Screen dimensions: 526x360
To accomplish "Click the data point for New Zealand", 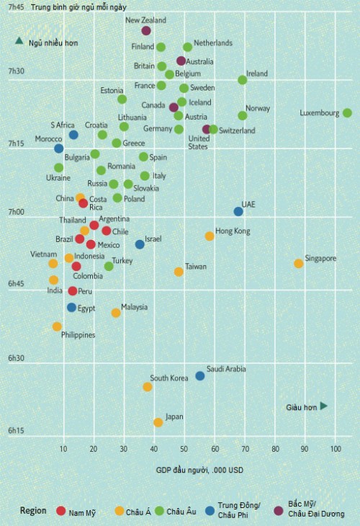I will pyautogui.click(x=146, y=31).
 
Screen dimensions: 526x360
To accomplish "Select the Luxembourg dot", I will pyautogui.click(x=347, y=113).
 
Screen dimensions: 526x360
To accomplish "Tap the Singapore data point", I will pyautogui.click(x=298, y=264).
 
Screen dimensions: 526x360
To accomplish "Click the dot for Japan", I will pyautogui.click(x=158, y=422).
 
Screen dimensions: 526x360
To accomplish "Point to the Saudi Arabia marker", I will pyautogui.click(x=200, y=375).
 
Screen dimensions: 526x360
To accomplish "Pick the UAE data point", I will pyautogui.click(x=238, y=211).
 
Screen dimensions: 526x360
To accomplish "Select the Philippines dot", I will pyautogui.click(x=57, y=326).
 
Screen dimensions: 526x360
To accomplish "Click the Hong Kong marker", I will pyautogui.click(x=210, y=236).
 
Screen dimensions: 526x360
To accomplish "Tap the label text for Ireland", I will pyautogui.click(x=256, y=73).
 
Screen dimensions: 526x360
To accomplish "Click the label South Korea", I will pyautogui.click(x=168, y=378).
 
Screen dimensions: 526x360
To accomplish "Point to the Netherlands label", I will pyautogui.click(x=213, y=43).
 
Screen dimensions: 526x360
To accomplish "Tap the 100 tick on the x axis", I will pyautogui.click(x=336, y=450).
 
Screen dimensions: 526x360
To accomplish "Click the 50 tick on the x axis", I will pyautogui.click(x=184, y=450).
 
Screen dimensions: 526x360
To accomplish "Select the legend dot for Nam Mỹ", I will pyautogui.click(x=61, y=512).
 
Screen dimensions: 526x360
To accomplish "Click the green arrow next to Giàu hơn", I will pyautogui.click(x=324, y=406).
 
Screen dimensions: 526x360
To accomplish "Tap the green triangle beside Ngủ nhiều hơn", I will pyautogui.click(x=20, y=41).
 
